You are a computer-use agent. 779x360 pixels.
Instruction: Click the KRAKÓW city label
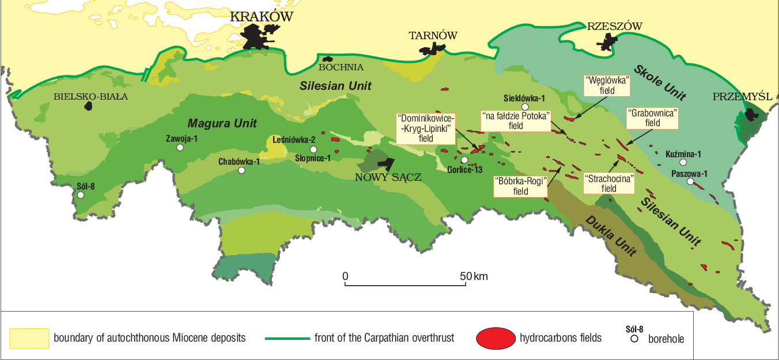261,17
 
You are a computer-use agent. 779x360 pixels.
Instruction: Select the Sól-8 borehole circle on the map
81,195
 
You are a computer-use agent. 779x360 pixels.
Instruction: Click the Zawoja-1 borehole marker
180,147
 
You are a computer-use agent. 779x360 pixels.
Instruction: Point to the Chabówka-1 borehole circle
241,170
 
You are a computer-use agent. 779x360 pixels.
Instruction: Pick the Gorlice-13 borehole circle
464,160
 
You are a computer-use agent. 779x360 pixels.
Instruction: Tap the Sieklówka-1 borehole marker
524,107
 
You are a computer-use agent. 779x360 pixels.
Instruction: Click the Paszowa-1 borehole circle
690,182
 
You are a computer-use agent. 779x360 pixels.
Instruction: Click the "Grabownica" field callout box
652,118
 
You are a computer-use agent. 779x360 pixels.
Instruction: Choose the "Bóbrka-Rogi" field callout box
521,186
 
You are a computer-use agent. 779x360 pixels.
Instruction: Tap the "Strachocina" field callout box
609,183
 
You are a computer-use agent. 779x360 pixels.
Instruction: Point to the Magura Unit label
222,123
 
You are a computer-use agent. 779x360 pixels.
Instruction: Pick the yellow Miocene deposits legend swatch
29,338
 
